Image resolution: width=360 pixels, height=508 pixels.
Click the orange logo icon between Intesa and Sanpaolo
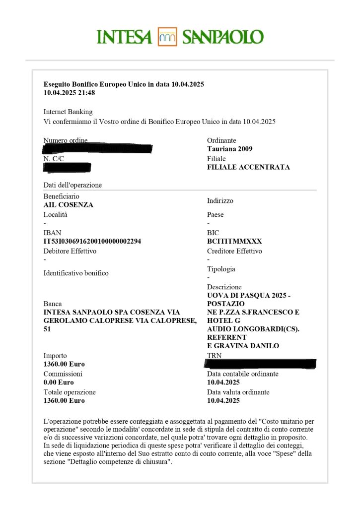click(167, 37)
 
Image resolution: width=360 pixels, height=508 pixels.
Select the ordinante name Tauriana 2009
click(229, 149)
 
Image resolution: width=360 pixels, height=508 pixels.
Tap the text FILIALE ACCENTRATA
click(248, 167)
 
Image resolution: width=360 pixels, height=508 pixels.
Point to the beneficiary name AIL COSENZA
click(69, 205)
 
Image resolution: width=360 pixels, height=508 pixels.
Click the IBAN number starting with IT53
click(92, 241)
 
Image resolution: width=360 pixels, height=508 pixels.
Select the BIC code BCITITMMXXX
click(234, 241)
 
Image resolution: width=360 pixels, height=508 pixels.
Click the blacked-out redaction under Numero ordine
click(97, 148)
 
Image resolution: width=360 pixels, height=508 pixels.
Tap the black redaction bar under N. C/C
click(67, 167)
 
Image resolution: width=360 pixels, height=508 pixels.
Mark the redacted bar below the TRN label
click(261, 364)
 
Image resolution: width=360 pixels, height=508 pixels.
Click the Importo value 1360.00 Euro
click(64, 364)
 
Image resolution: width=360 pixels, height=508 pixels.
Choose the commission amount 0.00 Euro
click(59, 382)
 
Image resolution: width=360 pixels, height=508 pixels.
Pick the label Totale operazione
click(70, 392)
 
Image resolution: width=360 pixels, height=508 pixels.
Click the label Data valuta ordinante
click(238, 392)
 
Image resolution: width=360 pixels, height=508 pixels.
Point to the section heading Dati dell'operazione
click(72, 185)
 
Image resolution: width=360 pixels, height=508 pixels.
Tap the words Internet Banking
click(68, 112)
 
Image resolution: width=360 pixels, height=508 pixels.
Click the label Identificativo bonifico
click(76, 273)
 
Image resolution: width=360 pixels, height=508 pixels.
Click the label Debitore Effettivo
click(70, 251)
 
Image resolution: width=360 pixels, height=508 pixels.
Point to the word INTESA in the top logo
click(124, 37)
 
